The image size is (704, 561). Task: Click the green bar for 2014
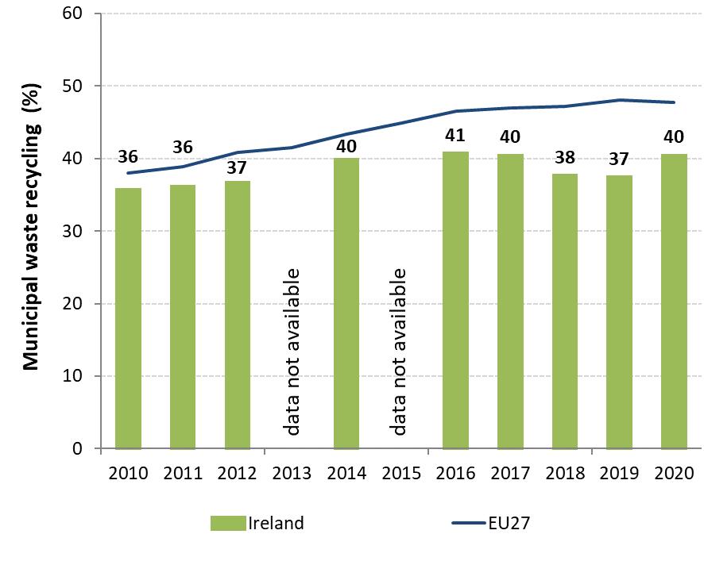pyautogui.click(x=346, y=303)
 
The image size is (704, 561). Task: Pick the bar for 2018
pyautogui.click(x=564, y=311)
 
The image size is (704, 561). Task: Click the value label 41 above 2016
pyautogui.click(x=455, y=135)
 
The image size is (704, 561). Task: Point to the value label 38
pyautogui.click(x=564, y=157)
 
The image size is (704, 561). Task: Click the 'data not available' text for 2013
pyautogui.click(x=292, y=352)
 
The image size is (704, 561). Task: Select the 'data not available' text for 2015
pyautogui.click(x=400, y=352)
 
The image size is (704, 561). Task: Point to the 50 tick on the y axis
pyautogui.click(x=76, y=86)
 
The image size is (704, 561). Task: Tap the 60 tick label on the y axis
pyautogui.click(x=76, y=13)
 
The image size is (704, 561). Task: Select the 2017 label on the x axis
pyautogui.click(x=510, y=474)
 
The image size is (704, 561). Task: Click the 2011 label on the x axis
pyautogui.click(x=183, y=474)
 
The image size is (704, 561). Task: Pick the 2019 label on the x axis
pyautogui.click(x=619, y=474)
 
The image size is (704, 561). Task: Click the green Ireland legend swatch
pyautogui.click(x=228, y=523)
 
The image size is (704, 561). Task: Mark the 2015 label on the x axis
pyautogui.click(x=400, y=474)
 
